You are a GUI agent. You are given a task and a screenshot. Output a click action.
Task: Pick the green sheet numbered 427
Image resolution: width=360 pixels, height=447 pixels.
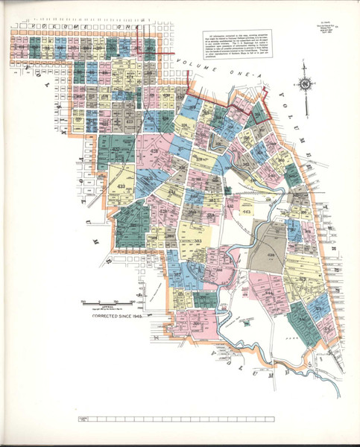pyautogui.click(x=116, y=149)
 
